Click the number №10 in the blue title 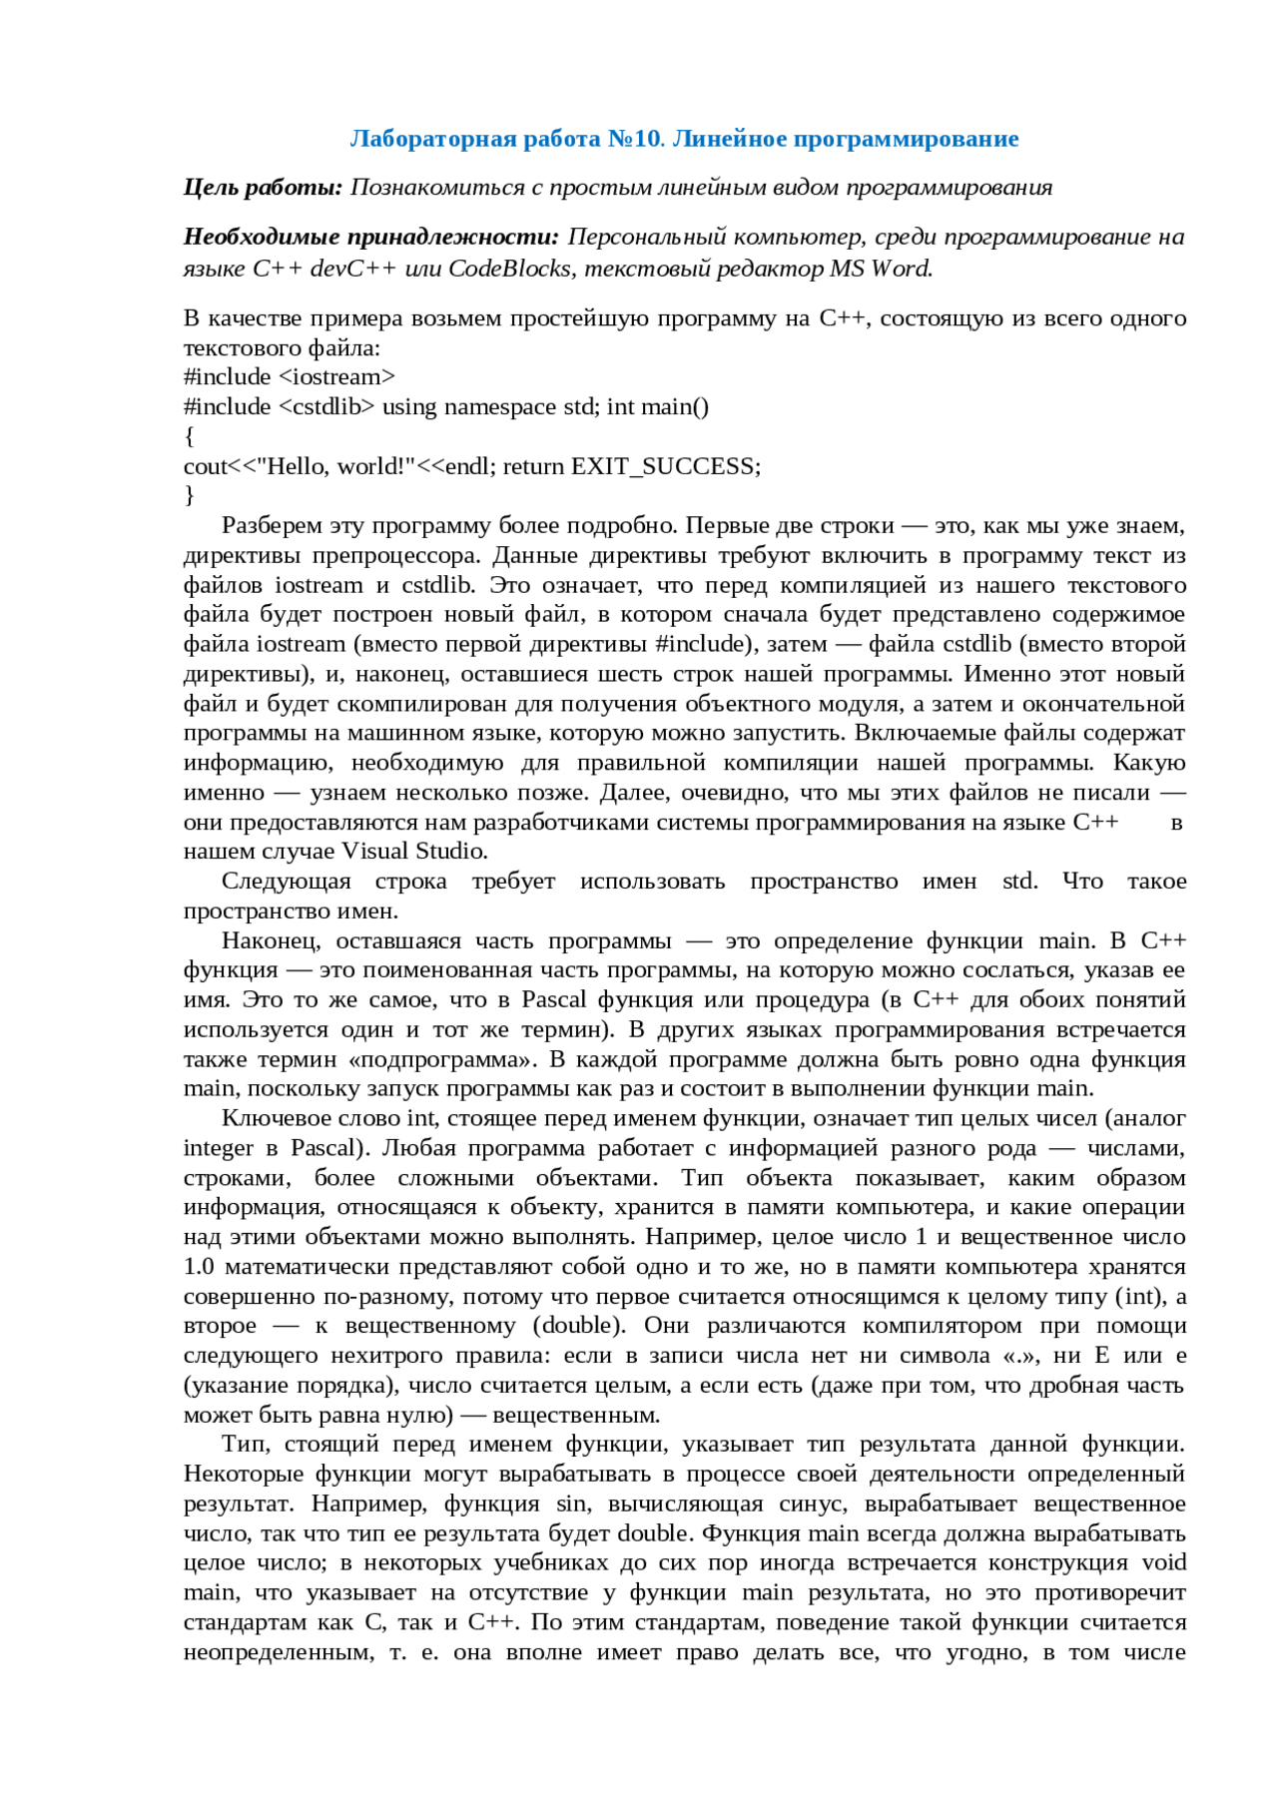coord(634,139)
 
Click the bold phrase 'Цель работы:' coord(263,188)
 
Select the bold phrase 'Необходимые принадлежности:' coord(371,237)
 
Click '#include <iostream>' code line coord(290,377)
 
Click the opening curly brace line coord(189,436)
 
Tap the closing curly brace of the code coord(189,495)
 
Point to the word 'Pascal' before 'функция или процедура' coord(554,999)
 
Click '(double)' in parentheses coord(579,1326)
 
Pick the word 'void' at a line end coord(1164,1562)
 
